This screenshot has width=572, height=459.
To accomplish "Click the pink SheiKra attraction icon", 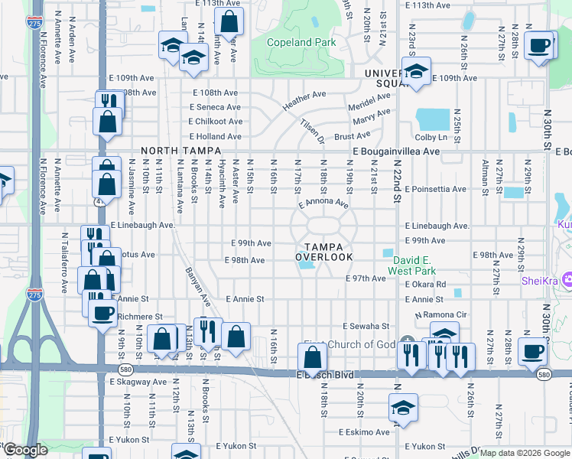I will pos(567,280).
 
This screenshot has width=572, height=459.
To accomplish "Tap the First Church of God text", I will pos(349,344).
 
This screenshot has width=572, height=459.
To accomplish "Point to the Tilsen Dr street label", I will pos(312,131).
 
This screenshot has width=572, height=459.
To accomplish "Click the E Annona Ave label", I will pos(323,205).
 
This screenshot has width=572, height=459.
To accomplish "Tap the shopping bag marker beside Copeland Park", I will pos(228,21).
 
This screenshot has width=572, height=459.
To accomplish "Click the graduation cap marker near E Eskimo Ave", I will pos(403,408).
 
